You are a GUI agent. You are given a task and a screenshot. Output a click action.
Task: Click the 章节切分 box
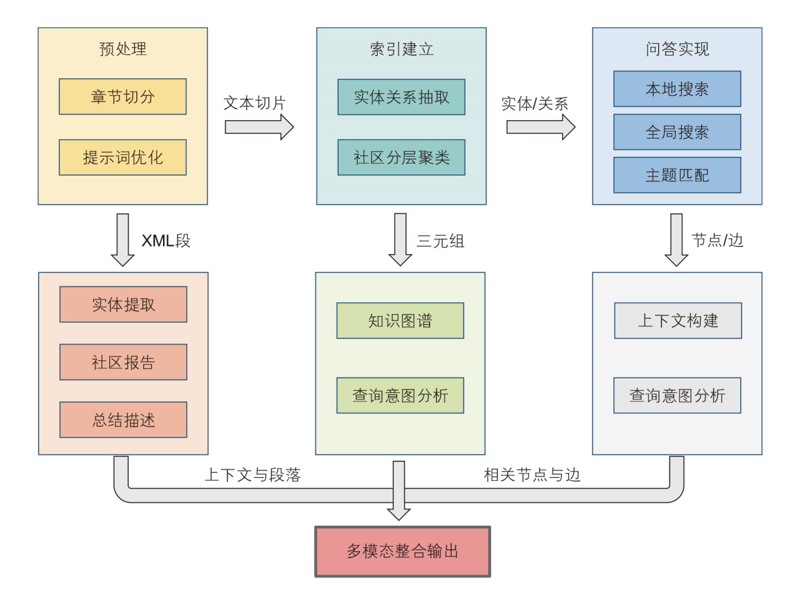(123, 97)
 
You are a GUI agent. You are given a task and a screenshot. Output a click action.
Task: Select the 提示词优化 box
(123, 157)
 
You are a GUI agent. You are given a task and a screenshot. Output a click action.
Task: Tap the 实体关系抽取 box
(401, 97)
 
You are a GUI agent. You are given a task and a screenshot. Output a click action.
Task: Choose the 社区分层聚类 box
(401, 157)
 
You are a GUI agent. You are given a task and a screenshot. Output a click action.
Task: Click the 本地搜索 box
(677, 89)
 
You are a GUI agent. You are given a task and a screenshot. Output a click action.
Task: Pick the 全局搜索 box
(677, 132)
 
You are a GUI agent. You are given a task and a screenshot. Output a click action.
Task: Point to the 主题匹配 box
(677, 175)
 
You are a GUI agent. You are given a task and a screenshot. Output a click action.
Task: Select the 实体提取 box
(123, 305)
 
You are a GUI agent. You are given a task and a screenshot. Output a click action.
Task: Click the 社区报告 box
(123, 362)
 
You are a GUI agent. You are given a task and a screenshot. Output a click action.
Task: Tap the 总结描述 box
(123, 420)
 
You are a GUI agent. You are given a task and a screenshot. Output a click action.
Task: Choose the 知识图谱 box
(400, 320)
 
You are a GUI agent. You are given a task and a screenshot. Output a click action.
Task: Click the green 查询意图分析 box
(400, 396)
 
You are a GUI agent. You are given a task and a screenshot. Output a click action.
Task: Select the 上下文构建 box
(678, 320)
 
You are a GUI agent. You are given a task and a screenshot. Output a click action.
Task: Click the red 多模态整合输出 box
(402, 551)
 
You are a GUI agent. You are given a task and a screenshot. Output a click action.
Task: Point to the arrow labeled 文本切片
(259, 127)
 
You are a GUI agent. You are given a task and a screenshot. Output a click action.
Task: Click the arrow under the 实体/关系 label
(541, 127)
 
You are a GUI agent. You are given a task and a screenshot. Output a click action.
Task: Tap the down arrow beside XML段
(123, 240)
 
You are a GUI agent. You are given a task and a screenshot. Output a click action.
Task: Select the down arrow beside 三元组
(400, 240)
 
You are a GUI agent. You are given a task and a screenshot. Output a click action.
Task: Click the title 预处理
(123, 49)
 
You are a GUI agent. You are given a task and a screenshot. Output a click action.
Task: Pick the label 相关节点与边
(532, 475)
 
